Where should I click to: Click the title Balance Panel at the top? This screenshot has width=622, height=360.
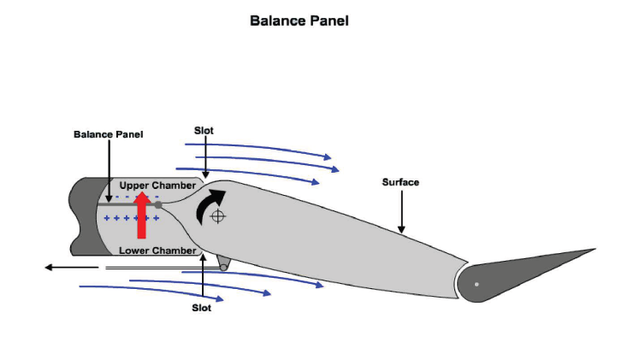click(x=299, y=21)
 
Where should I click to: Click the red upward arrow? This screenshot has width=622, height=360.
click(x=142, y=216)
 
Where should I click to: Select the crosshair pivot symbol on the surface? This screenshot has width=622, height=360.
click(x=218, y=216)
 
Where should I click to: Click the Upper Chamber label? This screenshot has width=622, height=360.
click(x=157, y=186)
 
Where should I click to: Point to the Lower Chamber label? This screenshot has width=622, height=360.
click(x=157, y=251)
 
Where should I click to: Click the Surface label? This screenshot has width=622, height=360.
click(x=400, y=182)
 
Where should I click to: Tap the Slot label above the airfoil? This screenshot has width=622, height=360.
click(x=204, y=131)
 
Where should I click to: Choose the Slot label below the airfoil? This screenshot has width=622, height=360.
click(x=202, y=308)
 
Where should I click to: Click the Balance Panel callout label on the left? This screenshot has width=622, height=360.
click(x=109, y=134)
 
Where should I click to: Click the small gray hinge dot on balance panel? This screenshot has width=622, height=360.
click(x=158, y=204)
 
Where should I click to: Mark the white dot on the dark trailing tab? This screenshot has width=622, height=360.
click(x=477, y=284)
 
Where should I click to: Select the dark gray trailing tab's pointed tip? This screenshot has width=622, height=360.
click(x=595, y=249)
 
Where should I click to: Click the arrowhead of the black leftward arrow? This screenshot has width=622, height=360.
click(x=49, y=268)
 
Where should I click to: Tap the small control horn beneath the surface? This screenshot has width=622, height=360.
click(x=223, y=263)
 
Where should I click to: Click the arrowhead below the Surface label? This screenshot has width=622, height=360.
click(x=401, y=229)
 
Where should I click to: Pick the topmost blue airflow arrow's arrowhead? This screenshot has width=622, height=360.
click(x=328, y=157)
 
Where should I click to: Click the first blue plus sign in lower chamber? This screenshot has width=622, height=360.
click(x=106, y=218)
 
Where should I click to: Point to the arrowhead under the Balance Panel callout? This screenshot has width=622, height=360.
click(x=110, y=198)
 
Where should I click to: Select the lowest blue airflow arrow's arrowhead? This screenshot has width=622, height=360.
click(x=220, y=298)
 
